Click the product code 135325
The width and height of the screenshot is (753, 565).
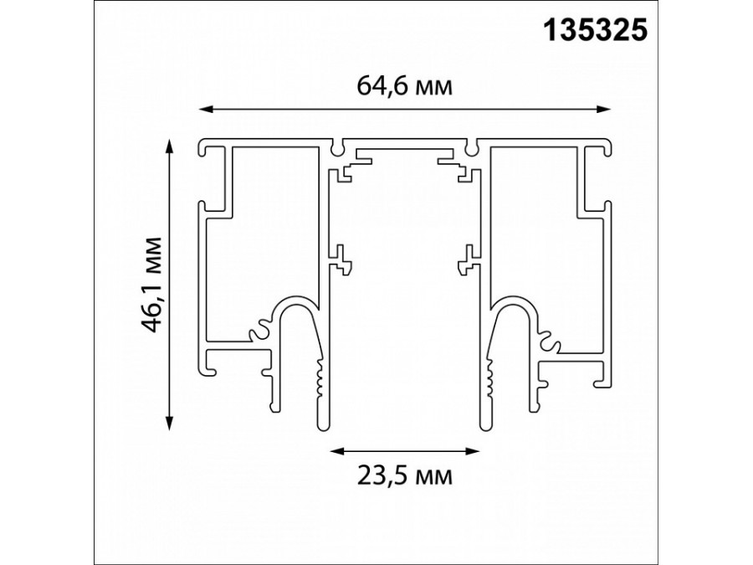[x=597, y=31]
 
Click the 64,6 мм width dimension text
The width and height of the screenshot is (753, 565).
[x=405, y=87]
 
